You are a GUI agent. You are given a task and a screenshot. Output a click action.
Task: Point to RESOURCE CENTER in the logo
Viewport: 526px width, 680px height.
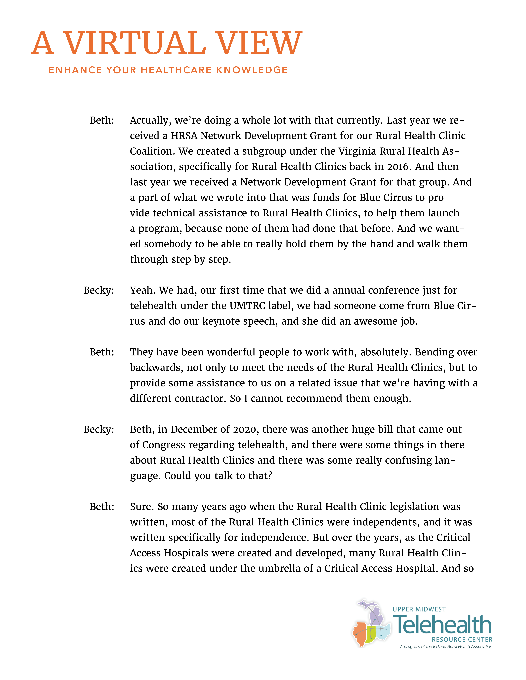(x=462, y=640)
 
